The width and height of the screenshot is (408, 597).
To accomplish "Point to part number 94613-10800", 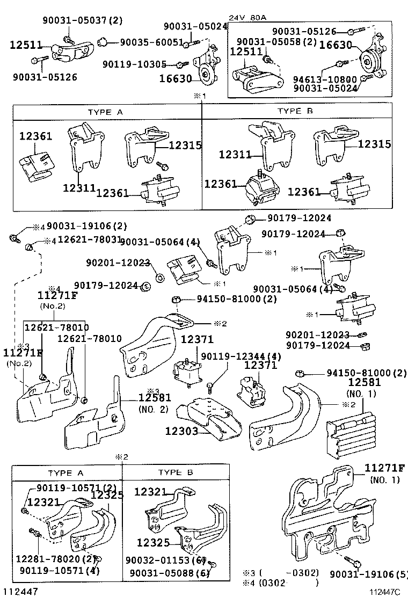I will tap(325, 78).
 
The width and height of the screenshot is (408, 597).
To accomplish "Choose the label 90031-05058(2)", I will tap(276, 41).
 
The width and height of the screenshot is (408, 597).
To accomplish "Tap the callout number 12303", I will tap(181, 431).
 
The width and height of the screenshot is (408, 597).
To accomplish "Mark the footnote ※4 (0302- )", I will tap(280, 582).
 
